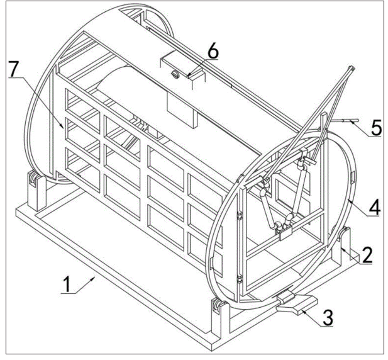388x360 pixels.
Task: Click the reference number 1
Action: (x=67, y=284)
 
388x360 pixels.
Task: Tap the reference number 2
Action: (x=366, y=255)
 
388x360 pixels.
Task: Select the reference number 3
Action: (x=328, y=318)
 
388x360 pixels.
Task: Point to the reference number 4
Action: (x=374, y=208)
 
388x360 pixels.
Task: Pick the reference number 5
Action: (x=376, y=128)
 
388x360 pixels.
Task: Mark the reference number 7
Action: (x=14, y=69)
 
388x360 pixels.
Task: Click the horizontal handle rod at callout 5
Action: (x=345, y=121)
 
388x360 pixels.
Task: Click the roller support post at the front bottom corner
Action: (x=221, y=317)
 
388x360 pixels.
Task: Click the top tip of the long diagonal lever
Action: (x=352, y=67)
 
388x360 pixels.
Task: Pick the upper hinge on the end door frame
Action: (x=240, y=215)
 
